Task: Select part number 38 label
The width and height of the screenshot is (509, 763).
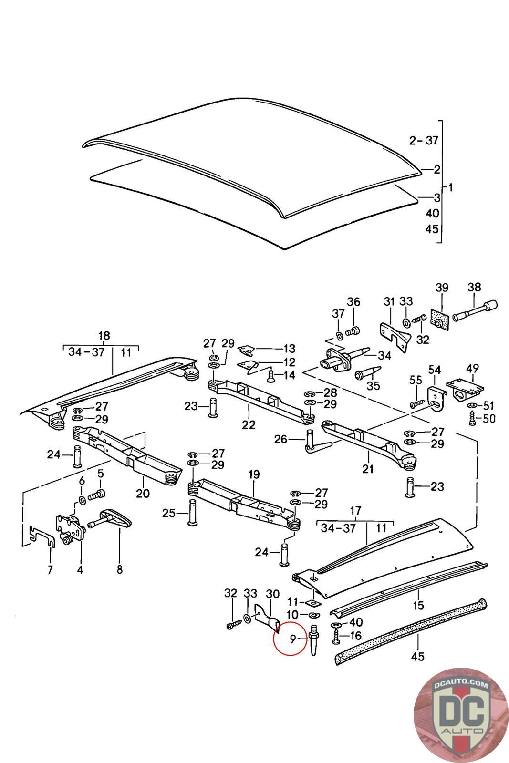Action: [474, 288]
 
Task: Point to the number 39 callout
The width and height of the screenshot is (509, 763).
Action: [442, 288]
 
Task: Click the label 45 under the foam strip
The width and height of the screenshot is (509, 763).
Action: [417, 657]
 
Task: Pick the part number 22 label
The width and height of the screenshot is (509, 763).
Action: [249, 424]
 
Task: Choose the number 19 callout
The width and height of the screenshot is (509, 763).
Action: [254, 474]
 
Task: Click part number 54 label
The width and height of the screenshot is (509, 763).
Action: [434, 370]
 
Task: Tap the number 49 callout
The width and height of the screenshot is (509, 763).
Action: [472, 369]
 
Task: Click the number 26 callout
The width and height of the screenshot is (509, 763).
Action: [280, 439]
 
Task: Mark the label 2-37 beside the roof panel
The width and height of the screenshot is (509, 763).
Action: [424, 140]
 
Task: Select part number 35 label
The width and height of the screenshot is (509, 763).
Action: [374, 385]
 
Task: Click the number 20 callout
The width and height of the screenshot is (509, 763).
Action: [143, 493]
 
